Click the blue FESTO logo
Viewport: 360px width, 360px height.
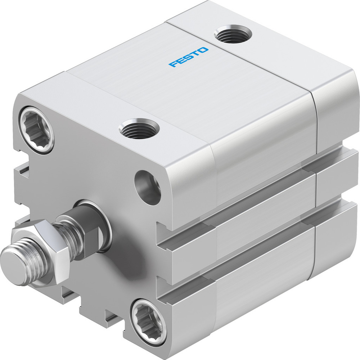tap(189, 57)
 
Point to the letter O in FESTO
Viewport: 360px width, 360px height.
tap(203, 50)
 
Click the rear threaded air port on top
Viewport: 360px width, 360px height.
tap(233, 35)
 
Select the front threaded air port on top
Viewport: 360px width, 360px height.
tap(139, 129)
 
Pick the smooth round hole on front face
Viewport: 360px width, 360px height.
tap(148, 187)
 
